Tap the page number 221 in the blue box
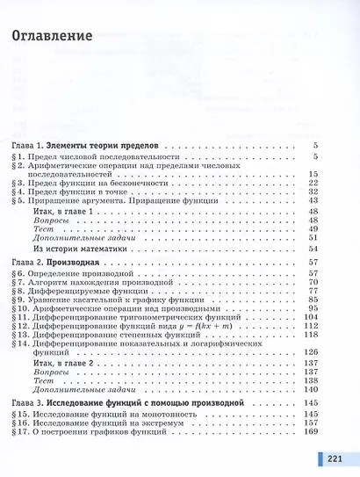point(335,459)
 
